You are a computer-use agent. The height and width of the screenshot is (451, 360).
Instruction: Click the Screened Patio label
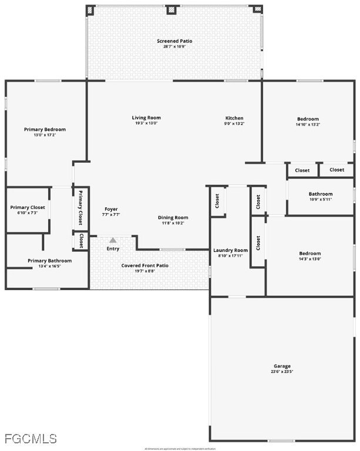click(x=174, y=41)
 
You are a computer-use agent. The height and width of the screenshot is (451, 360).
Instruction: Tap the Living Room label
click(x=146, y=118)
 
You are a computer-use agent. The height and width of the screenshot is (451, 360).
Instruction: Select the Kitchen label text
click(x=234, y=118)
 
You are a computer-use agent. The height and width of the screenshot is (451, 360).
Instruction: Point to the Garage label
click(x=282, y=366)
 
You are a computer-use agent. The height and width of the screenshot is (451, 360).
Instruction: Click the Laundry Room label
click(x=230, y=250)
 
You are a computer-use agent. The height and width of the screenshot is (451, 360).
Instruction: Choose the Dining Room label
click(x=173, y=218)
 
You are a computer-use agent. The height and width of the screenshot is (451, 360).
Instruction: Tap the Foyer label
click(x=112, y=209)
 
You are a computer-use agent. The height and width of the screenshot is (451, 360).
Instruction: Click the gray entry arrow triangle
click(x=113, y=240)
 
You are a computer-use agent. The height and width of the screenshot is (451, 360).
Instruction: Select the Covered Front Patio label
click(x=145, y=265)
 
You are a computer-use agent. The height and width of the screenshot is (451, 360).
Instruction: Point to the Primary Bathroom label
click(x=50, y=261)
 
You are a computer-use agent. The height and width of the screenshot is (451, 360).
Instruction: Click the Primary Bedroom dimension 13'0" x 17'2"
click(x=45, y=135)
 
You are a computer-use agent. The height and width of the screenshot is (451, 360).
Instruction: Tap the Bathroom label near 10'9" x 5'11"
click(x=321, y=194)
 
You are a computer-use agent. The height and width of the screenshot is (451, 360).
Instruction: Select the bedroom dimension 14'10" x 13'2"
click(x=308, y=124)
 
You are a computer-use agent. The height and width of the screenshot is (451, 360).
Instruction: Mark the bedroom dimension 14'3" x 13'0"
click(x=310, y=259)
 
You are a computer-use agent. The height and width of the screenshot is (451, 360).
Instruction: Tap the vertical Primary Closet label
click(x=80, y=207)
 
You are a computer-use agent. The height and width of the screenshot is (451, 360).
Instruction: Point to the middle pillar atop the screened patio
click(x=171, y=9)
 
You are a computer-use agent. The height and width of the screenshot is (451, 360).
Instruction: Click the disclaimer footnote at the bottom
click(x=180, y=449)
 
